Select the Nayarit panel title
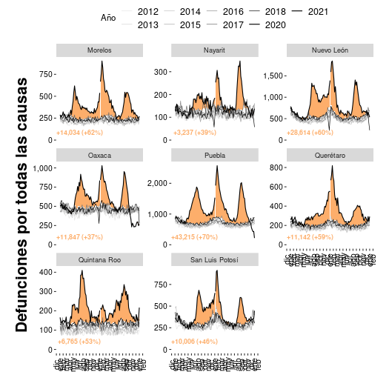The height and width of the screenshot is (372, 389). pos(214,50)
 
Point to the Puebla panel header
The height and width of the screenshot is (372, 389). pos(214,155)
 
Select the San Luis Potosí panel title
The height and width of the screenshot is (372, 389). pos(214,259)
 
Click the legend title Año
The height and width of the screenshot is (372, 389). pos(108,18)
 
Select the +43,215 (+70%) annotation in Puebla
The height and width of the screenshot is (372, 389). pos(195,237)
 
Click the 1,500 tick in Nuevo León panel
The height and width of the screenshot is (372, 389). pos(273,76)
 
